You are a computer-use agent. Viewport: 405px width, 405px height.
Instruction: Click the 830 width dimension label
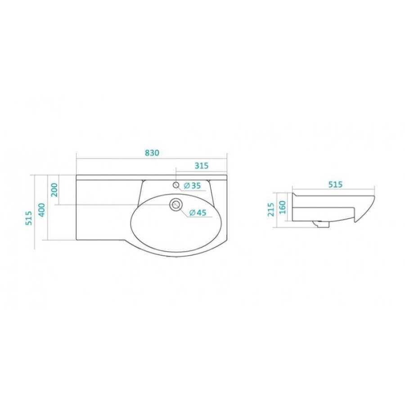click(152, 153)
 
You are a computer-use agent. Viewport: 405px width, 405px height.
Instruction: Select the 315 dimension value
click(202, 166)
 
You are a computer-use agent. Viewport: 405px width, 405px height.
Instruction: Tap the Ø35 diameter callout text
click(192, 185)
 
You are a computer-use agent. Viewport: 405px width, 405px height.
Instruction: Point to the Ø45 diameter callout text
click(198, 212)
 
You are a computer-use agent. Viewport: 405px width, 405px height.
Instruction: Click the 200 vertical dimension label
click(54, 190)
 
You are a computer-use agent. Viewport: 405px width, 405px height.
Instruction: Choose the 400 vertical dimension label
click(41, 211)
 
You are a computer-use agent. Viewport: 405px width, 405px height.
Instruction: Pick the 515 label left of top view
click(29, 218)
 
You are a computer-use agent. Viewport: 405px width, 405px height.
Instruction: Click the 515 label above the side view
click(335, 184)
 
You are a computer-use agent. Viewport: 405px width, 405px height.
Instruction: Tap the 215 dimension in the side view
click(271, 209)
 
